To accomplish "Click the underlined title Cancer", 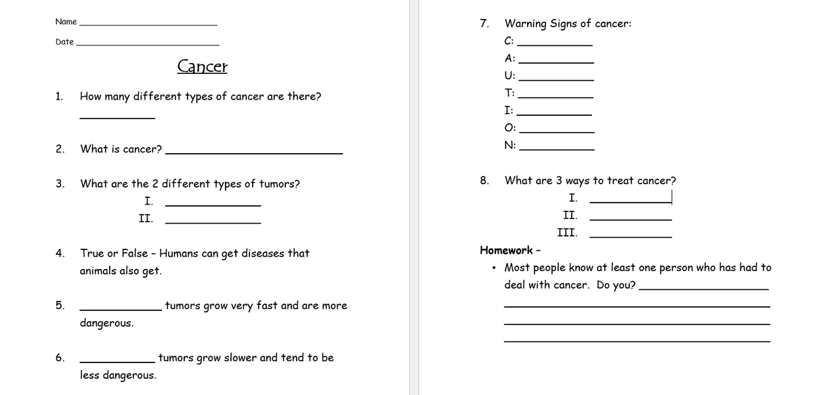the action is click(202, 66).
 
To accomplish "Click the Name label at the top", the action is click(66, 22).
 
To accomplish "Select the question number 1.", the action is click(60, 96).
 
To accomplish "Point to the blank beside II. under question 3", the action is click(213, 222).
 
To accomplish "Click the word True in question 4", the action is click(92, 253).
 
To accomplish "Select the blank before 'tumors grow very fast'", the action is click(121, 309).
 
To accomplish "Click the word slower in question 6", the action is click(239, 358).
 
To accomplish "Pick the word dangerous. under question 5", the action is click(106, 323).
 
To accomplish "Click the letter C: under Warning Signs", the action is click(509, 40).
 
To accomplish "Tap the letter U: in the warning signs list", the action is click(509, 75).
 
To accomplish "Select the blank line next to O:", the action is click(556, 131).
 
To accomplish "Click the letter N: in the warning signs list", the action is click(509, 145).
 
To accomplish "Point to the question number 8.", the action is click(484, 180).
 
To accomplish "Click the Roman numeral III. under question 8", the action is click(567, 233).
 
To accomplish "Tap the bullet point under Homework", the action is click(495, 268).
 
